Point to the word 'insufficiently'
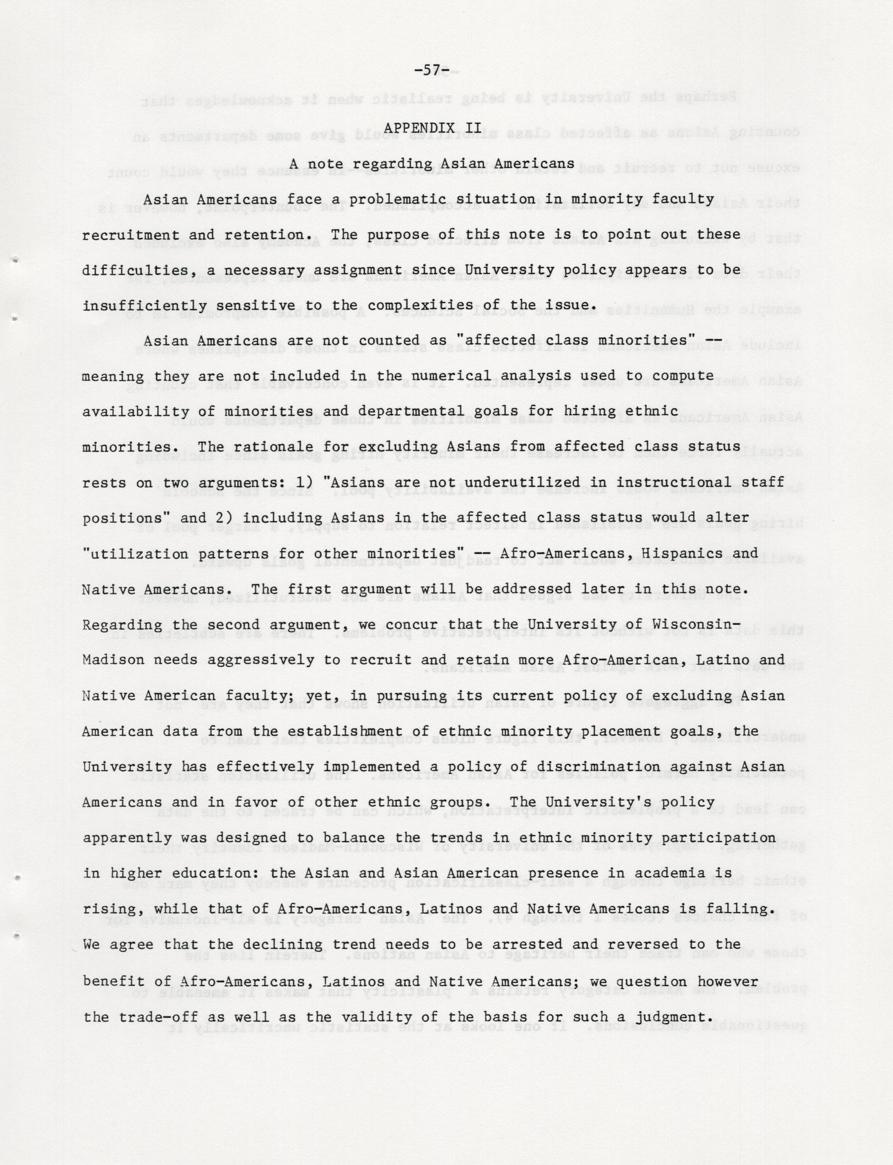(145, 306)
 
